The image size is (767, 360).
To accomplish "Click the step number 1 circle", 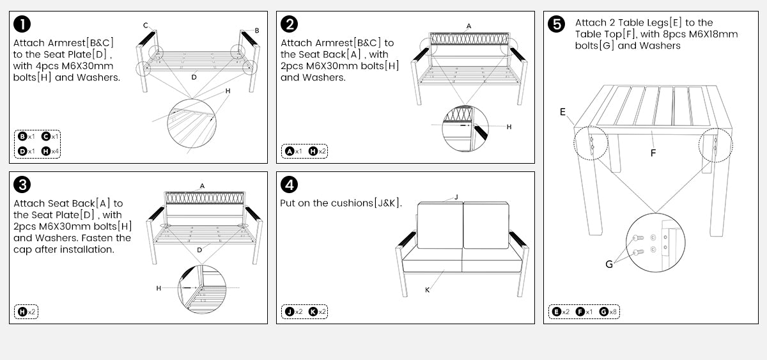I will [x=22, y=25].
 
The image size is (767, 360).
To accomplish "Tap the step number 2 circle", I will [x=290, y=25].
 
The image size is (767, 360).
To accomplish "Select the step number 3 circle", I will [x=22, y=185].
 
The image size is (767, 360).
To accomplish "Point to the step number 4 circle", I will [x=290, y=185].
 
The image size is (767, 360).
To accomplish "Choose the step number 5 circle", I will [x=557, y=25].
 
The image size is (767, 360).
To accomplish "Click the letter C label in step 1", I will [x=145, y=26].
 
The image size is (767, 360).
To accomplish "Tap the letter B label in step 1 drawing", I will [x=257, y=30].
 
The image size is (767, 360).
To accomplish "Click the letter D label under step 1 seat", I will [x=194, y=77].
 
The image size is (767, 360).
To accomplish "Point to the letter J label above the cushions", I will [x=456, y=197].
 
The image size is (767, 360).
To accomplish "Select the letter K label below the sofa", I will [x=427, y=290].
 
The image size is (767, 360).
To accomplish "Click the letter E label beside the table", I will [x=562, y=112].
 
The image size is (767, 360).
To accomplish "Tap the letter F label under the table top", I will [x=653, y=153].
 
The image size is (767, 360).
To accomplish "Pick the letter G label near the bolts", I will [x=608, y=264].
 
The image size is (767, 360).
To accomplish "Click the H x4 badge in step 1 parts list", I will [x=49, y=151].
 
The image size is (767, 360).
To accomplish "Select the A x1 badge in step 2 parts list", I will [x=294, y=152].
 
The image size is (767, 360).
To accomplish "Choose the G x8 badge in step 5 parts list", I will [x=608, y=311].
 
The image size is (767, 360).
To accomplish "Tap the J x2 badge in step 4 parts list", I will [x=294, y=311].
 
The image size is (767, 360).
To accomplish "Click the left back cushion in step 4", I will [x=440, y=225].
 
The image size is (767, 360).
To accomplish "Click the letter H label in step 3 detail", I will [x=159, y=288].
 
